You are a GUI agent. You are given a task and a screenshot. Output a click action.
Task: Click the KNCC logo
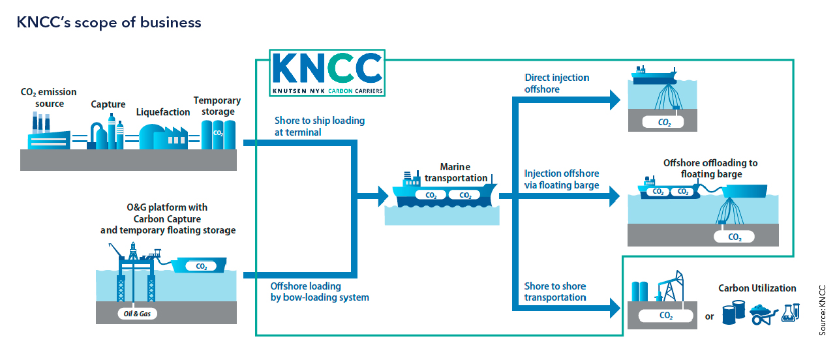(x=327, y=74)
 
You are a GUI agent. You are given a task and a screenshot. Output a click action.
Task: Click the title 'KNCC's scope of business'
(x=109, y=23)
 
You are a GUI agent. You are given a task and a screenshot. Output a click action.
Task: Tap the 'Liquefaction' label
(x=163, y=112)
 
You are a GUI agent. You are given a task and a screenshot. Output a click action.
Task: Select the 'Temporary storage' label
(x=217, y=106)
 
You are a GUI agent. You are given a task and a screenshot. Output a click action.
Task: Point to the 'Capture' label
(x=108, y=104)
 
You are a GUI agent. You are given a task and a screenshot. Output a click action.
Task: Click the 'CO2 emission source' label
(x=49, y=98)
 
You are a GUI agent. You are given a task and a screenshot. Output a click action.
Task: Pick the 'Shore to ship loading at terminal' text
(x=320, y=127)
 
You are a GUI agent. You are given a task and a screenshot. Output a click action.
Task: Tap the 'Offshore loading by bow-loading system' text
(x=320, y=292)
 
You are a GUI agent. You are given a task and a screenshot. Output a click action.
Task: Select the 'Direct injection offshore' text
(x=556, y=83)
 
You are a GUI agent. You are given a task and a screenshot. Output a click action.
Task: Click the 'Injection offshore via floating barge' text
(x=562, y=179)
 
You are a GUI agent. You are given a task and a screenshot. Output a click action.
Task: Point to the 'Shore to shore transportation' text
(x=555, y=292)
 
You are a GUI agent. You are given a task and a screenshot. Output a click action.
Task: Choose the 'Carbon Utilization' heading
(x=757, y=288)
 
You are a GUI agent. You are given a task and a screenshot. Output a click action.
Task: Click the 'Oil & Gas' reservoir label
(x=136, y=314)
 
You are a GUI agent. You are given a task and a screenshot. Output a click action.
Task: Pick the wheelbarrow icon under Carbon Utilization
(x=763, y=314)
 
